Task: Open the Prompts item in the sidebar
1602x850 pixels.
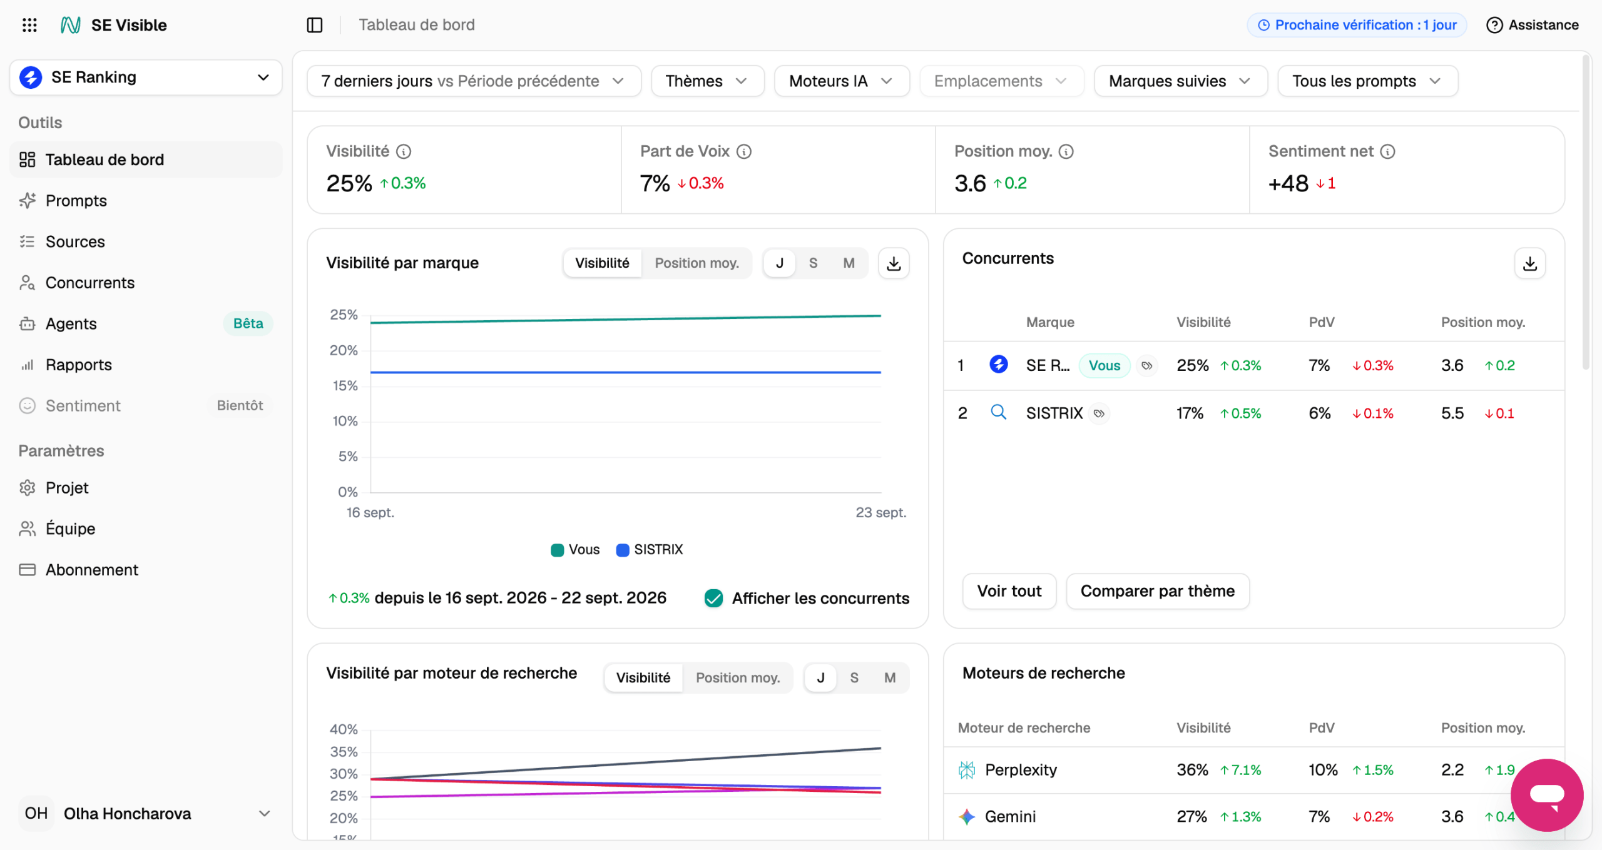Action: tap(76, 201)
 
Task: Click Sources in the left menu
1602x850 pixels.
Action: tap(75, 241)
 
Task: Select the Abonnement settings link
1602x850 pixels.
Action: tap(91, 570)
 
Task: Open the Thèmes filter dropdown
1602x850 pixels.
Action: tap(707, 81)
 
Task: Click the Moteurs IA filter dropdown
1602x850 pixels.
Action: tap(842, 81)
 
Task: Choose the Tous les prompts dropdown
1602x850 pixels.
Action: tap(1367, 81)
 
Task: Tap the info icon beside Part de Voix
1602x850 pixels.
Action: tap(744, 151)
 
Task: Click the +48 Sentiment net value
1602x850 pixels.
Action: tap(1288, 183)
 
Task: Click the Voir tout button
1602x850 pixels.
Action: tap(1009, 591)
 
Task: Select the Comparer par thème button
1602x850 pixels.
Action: tap(1157, 591)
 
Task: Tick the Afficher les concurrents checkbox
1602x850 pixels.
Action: tap(713, 599)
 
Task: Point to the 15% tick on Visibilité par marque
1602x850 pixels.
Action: tap(345, 386)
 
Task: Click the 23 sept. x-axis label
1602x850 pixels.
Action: tap(880, 513)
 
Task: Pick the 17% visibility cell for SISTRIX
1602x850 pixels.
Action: tap(1190, 413)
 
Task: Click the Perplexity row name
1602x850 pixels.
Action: tap(1021, 770)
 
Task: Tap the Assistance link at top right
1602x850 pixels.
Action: tap(1532, 25)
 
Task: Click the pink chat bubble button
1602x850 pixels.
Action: tap(1547, 795)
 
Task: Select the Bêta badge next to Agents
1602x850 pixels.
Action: tap(248, 323)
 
